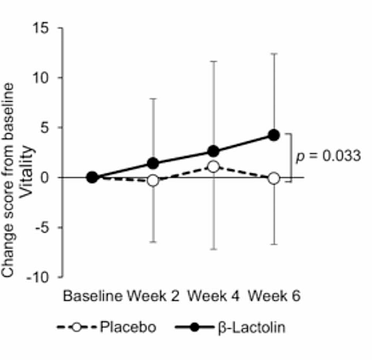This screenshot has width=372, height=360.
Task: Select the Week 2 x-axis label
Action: [x=153, y=295]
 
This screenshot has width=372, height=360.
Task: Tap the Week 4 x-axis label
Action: [x=213, y=295]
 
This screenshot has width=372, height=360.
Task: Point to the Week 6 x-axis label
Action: [x=274, y=295]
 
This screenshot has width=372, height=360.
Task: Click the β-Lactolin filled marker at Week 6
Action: [x=274, y=135]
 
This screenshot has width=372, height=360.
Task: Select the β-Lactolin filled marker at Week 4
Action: [x=213, y=151]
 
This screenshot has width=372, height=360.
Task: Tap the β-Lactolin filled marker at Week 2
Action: [x=153, y=163]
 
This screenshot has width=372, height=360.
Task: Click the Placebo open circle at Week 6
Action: [x=274, y=178]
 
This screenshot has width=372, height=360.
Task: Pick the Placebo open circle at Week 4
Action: [x=213, y=166]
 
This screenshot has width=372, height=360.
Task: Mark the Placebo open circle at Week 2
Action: [x=153, y=180]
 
